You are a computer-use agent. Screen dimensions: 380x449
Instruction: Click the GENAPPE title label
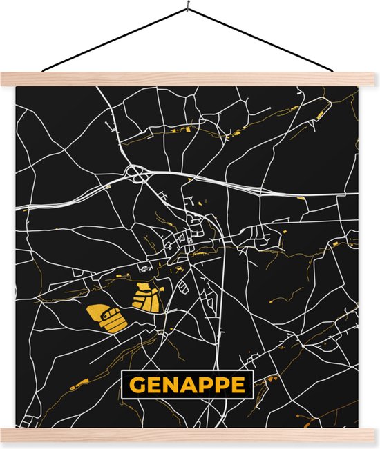click(187, 384)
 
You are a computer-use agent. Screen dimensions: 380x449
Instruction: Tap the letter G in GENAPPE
click(135, 384)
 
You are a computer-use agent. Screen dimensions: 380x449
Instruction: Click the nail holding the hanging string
click(187, 10)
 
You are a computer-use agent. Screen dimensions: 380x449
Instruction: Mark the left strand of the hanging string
click(115, 41)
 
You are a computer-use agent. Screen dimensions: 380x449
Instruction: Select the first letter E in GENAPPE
click(152, 384)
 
